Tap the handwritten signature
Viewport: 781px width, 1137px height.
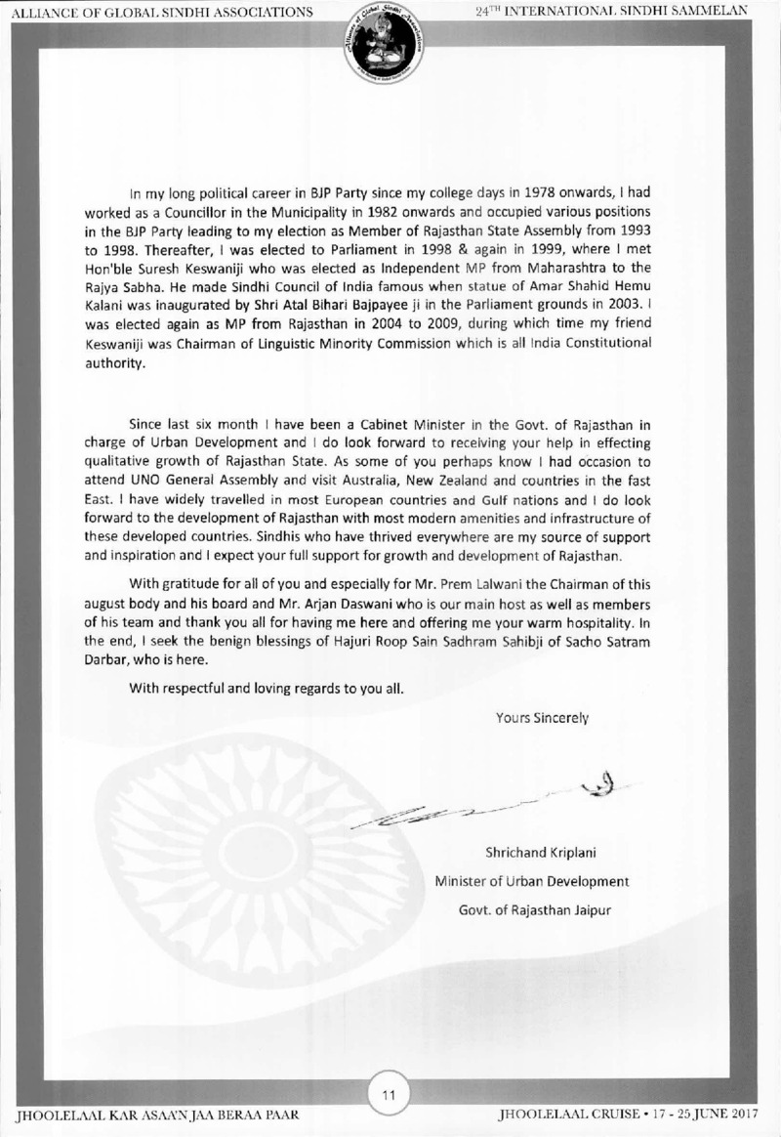click(488, 797)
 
